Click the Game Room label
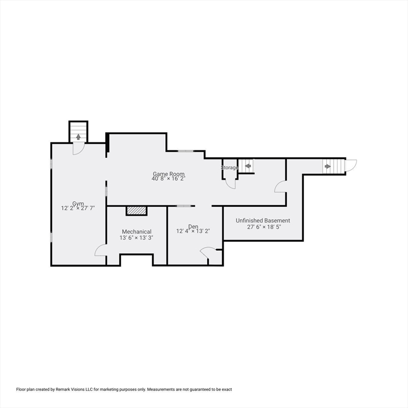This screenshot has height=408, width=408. pos(168,174)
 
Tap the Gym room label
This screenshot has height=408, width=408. pos(79,203)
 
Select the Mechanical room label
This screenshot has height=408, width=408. pos(137,232)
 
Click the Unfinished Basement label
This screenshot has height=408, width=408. pos(263,220)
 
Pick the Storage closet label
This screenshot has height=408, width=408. pos(229,168)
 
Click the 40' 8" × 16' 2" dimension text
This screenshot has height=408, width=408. pos(168,179)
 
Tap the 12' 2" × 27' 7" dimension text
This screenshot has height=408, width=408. pos(79,209)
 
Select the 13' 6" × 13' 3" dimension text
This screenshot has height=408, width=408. pos(137,237)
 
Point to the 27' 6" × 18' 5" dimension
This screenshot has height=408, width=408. pos(263,227)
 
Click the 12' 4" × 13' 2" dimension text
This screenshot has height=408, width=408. pos(193,231)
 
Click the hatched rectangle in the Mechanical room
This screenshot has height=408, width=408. pos(136,211)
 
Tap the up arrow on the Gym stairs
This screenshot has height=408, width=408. pos(79,137)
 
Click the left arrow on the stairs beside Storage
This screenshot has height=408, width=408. pos(248,166)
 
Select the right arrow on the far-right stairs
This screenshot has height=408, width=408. pos(327,166)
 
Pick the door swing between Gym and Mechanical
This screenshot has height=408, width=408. pos(100,250)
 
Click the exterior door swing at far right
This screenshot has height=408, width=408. pos(351,165)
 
